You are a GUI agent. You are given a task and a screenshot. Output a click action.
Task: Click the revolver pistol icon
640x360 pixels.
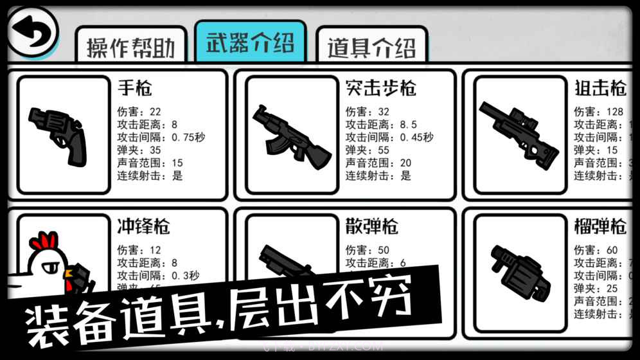point(58,135)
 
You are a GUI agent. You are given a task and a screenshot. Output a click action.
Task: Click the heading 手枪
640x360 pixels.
point(135,88)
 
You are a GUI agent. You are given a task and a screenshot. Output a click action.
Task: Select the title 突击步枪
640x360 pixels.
point(380,88)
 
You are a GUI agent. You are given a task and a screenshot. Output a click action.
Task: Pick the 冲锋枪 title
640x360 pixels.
point(143,226)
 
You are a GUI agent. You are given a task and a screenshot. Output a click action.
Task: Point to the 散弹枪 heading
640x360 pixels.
point(371,226)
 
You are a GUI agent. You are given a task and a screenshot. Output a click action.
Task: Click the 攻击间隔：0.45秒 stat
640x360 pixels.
point(389,137)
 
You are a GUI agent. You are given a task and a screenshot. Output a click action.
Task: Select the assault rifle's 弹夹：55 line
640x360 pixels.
point(367,150)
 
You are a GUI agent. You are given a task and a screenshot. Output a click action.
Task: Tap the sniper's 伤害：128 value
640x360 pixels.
point(598,112)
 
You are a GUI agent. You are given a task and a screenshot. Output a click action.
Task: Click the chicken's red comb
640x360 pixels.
point(44,242)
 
